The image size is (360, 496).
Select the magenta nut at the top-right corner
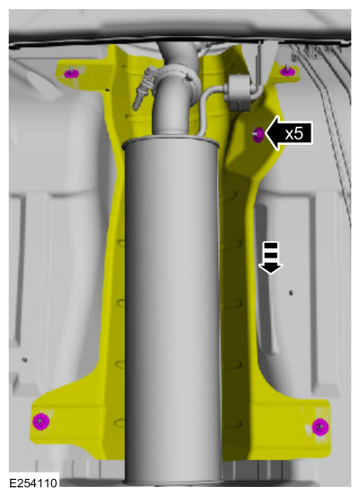coord(286,71)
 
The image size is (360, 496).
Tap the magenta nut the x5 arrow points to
coord(258,134)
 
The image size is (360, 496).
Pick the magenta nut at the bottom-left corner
coord(40,421)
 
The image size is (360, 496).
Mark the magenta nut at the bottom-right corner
coord(319,427)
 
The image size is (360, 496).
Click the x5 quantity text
coord(294,133)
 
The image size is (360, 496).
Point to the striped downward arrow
coord(271,257)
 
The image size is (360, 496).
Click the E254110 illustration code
coord(33,483)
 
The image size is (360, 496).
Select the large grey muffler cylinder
coord(172,313)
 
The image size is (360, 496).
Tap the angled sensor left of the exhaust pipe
coord(143,88)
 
